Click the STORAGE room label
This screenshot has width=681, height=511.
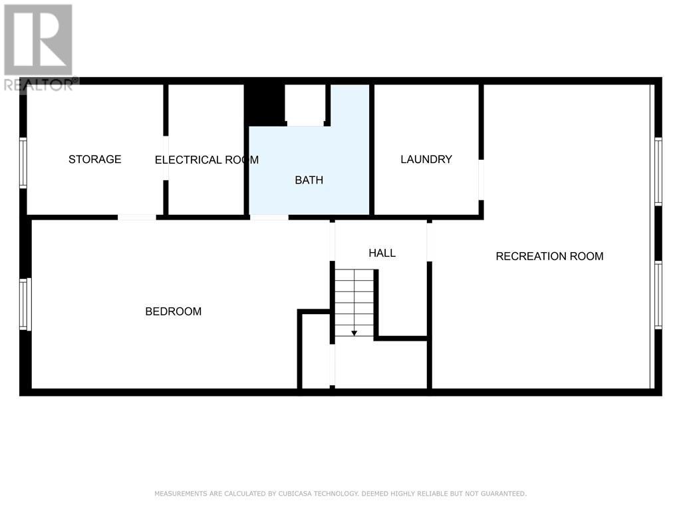point(94,160)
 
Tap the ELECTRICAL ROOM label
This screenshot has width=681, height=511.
point(207,160)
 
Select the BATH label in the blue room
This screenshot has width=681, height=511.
point(309,180)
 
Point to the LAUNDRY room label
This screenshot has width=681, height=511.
point(426,160)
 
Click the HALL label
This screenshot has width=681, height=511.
point(382,253)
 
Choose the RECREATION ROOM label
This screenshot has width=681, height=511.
point(549,256)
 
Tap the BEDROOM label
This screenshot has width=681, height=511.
point(174,311)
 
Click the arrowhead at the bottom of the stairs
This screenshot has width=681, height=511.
point(354,333)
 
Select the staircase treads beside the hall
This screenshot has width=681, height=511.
point(354,303)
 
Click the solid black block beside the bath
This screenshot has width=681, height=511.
point(265,104)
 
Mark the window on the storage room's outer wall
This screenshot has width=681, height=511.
point(23,163)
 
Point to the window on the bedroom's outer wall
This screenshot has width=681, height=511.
point(25,304)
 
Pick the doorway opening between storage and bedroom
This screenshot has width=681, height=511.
point(137,218)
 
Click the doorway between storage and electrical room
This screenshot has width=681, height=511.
point(166,158)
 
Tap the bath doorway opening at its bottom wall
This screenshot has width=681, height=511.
point(269,218)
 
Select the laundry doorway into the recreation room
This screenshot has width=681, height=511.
point(481,180)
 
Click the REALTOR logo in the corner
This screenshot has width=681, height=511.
point(39,48)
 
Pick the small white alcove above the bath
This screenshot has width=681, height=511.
point(305,105)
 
